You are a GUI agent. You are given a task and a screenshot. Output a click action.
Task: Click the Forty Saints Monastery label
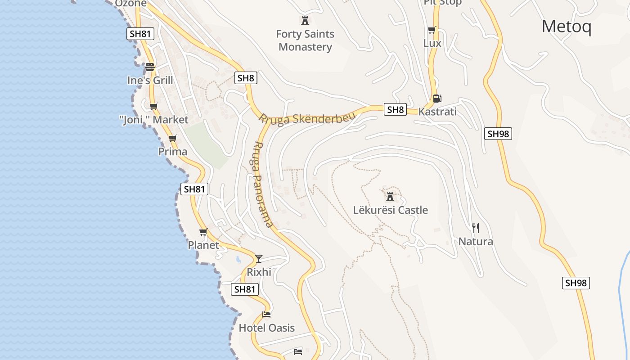tap(305, 40)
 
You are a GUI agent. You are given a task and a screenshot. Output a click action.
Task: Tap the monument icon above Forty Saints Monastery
tap(305, 20)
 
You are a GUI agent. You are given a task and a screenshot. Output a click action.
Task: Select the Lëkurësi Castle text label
tap(390, 210)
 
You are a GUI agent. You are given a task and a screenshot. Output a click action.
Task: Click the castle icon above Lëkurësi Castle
tap(390, 196)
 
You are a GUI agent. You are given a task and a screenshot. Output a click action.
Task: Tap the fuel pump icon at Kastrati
tap(436, 98)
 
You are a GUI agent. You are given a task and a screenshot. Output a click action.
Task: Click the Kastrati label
tap(437, 112)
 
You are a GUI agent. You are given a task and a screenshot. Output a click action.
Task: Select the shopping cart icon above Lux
tap(432, 30)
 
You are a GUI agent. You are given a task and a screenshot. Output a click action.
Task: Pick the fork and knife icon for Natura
tap(475, 228)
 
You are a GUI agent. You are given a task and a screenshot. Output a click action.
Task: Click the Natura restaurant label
tap(476, 242)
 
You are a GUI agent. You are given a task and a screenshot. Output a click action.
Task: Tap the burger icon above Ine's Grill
tap(150, 67)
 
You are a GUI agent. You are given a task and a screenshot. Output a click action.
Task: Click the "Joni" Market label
tap(154, 120)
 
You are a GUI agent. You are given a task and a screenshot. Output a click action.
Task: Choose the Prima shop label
tap(173, 152)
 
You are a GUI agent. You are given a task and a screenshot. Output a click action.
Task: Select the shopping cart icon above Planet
tap(203, 232)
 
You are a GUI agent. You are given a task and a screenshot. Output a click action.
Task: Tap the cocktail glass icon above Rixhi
tap(259, 258)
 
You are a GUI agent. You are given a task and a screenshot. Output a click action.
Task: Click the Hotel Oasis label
tap(266, 328)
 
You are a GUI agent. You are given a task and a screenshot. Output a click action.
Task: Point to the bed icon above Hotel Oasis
tap(266, 314)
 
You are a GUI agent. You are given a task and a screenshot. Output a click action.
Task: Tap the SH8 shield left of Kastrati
tap(395, 109)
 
